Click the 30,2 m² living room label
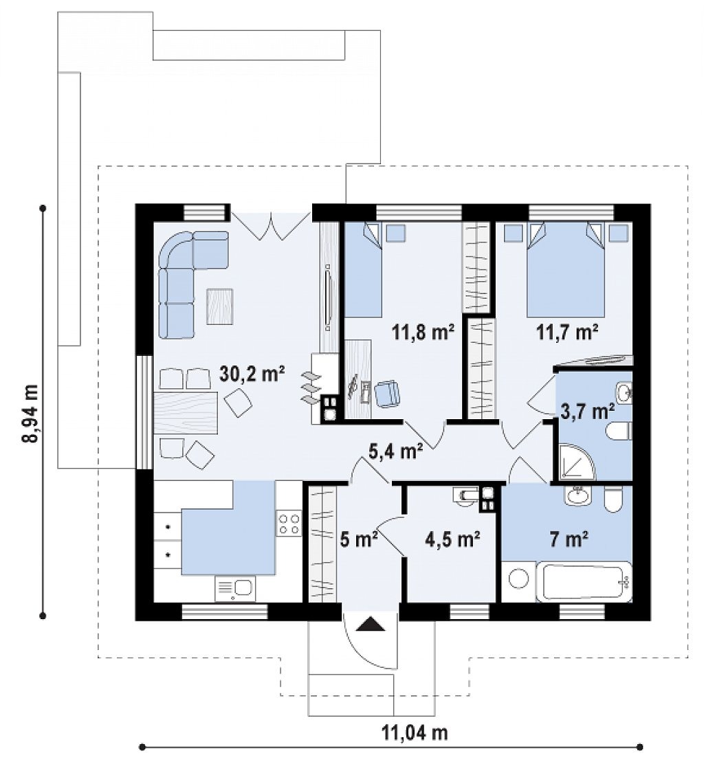coord(252,374)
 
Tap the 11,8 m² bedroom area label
coord(423,333)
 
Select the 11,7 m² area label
coord(567,333)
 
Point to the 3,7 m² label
coord(587,411)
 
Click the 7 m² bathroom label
coord(569,539)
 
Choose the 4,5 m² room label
coord(452,539)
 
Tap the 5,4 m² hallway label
coord(395,451)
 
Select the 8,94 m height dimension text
coord(30,414)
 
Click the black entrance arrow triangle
coord(371,624)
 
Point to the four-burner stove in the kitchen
coord(289,523)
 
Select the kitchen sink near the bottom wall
coord(235,589)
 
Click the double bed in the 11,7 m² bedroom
coord(566,270)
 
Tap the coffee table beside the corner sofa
coord(220,306)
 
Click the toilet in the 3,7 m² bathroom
coord(619,431)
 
